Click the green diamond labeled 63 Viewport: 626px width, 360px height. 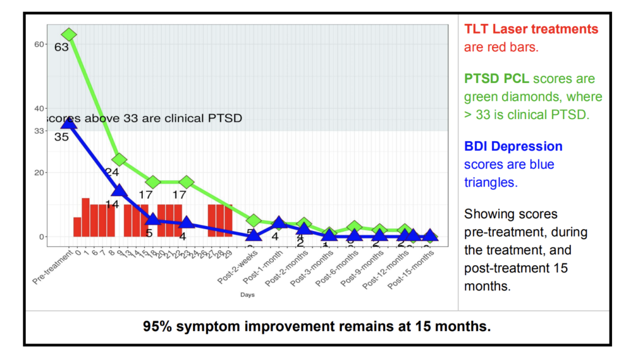tap(68, 35)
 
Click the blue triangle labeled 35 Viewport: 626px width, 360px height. tap(68, 123)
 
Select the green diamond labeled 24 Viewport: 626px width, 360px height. tap(119, 160)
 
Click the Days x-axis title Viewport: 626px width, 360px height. tap(247, 295)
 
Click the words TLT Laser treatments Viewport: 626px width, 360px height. tap(531, 29)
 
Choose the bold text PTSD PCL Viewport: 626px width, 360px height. tap(499, 79)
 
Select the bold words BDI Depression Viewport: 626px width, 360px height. tap(513, 147)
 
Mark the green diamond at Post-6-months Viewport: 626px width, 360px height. tap(354, 227)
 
